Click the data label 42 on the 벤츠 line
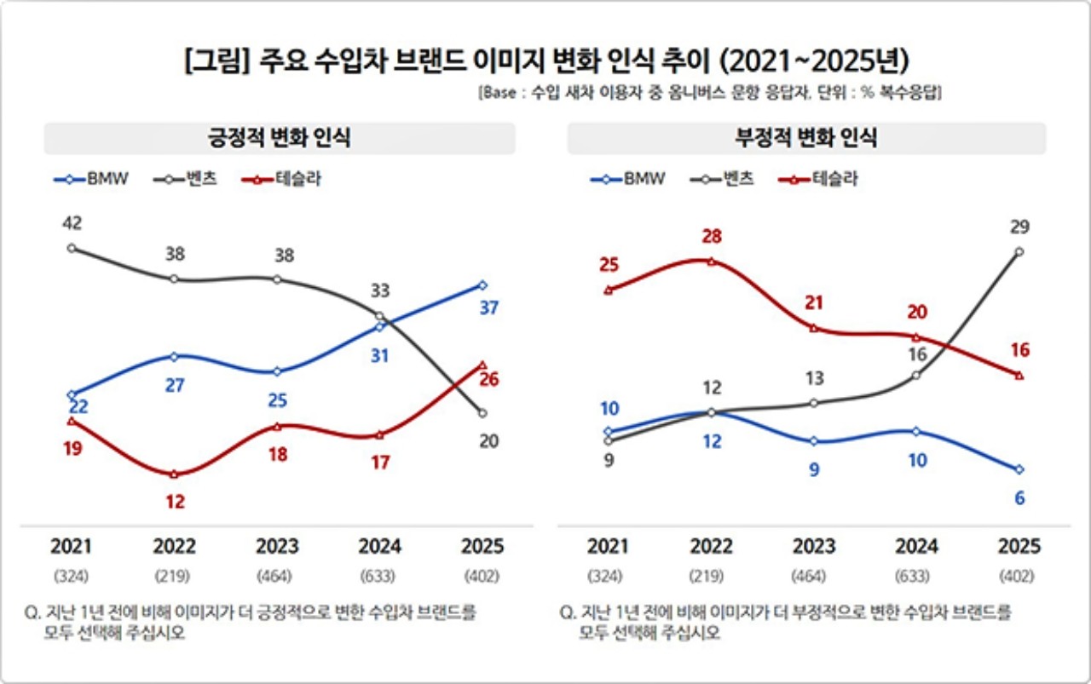[x=72, y=223]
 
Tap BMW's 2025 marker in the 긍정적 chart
[x=482, y=285]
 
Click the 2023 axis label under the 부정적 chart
[x=814, y=546]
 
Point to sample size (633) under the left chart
[x=379, y=577]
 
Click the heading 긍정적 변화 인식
[x=280, y=139]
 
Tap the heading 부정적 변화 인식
[x=806, y=139]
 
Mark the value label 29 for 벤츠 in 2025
[x=1019, y=227]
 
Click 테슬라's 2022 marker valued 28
[x=711, y=261]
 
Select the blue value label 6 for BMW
[x=1019, y=498]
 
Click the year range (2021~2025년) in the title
[x=815, y=63]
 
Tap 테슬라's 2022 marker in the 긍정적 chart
[x=174, y=474]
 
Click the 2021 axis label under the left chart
[x=71, y=546]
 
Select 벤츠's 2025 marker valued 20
[x=482, y=413]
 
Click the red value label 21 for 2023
[x=814, y=303]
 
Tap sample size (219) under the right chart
[x=711, y=577]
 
